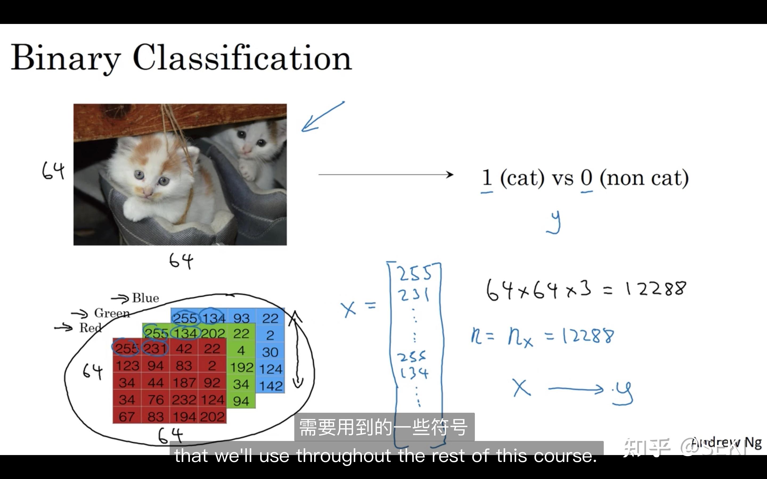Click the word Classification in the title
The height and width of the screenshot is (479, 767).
pos(242,58)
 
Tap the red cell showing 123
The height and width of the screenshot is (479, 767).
pos(127,366)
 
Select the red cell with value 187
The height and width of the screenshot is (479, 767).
pos(184,383)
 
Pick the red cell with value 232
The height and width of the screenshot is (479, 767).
pos(184,400)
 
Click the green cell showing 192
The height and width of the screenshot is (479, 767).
pos(242,367)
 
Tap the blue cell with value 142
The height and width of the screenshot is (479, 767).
pos(271,386)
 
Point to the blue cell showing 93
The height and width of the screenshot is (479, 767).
pos(242,318)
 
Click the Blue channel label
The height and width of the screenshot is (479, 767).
pos(145,298)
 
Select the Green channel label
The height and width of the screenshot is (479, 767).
pos(112,313)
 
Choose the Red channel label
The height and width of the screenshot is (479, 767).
pos(90,328)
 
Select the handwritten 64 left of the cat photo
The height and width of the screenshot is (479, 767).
pos(53,171)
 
